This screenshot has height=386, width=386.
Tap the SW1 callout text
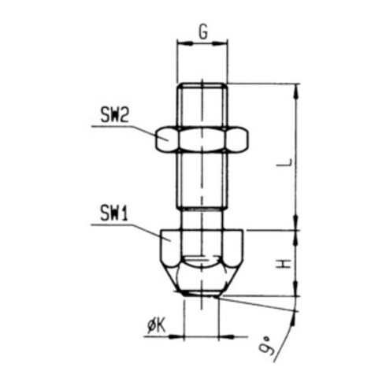click(x=114, y=212)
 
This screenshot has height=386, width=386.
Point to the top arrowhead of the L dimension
click(x=298, y=88)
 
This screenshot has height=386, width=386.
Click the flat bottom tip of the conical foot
click(x=202, y=294)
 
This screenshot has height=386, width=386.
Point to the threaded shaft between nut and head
click(x=202, y=181)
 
